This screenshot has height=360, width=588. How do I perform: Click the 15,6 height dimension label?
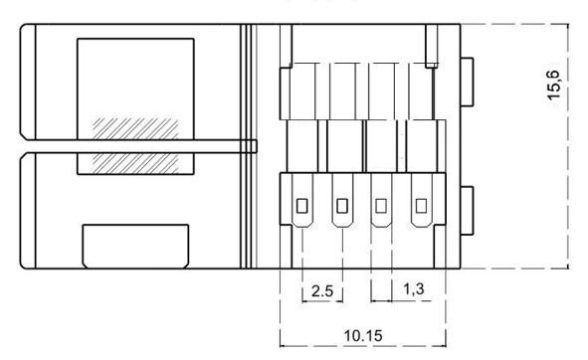[x=555, y=85]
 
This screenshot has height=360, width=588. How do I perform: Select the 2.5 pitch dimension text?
[x=322, y=290]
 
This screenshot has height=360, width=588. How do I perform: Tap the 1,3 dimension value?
[x=414, y=288]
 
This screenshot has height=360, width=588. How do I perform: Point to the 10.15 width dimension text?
[x=363, y=335]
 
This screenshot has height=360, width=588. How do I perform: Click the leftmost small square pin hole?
[x=301, y=206]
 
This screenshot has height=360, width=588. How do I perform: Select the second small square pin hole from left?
[x=342, y=206]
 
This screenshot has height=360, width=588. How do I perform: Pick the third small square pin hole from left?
[x=381, y=206]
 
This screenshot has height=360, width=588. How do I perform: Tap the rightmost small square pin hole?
[x=421, y=206]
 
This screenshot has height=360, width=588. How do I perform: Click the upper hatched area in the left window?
[x=135, y=129]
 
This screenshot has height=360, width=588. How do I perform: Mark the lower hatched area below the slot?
[x=135, y=163]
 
